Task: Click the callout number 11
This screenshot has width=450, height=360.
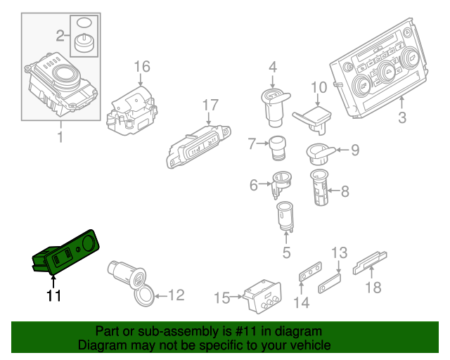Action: [53, 296]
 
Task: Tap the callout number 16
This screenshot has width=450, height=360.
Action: [142, 67]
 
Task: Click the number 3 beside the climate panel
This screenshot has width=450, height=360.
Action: [402, 118]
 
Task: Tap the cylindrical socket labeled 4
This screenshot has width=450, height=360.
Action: [272, 101]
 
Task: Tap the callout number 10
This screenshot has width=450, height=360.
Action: [319, 88]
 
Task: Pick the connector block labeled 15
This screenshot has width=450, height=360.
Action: [262, 295]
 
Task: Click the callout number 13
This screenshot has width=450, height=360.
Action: [340, 252]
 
